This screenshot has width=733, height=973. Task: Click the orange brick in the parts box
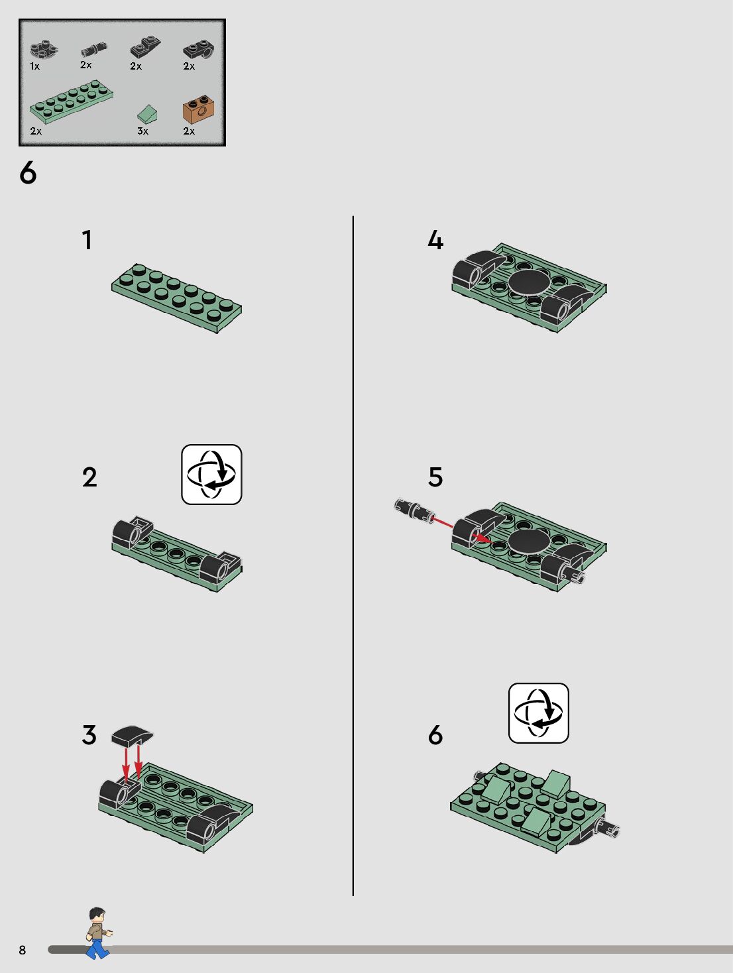[x=199, y=109]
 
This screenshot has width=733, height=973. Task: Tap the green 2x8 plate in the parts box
[x=72, y=102]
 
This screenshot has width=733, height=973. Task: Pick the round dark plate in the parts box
[x=44, y=50]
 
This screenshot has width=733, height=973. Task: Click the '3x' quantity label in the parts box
[x=142, y=131]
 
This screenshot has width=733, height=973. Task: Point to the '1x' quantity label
[x=34, y=66]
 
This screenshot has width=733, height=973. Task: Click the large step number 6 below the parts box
[x=28, y=172]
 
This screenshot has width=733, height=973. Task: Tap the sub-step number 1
[x=87, y=240]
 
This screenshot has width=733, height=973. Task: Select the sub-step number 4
[x=435, y=240]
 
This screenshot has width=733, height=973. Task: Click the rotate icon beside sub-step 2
[x=211, y=475]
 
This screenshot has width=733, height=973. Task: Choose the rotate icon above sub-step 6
[x=538, y=713]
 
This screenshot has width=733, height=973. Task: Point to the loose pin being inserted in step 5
[x=414, y=510]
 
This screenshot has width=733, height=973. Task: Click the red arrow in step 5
[x=461, y=530]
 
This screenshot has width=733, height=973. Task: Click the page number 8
[x=22, y=950]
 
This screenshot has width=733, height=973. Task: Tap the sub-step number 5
[x=435, y=477]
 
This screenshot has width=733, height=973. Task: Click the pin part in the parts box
[x=94, y=49]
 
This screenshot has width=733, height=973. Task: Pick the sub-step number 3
[x=89, y=735]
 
